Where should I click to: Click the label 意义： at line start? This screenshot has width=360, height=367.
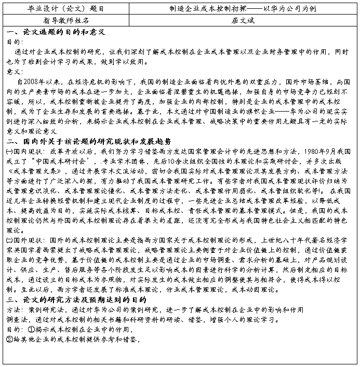point(14,72)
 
